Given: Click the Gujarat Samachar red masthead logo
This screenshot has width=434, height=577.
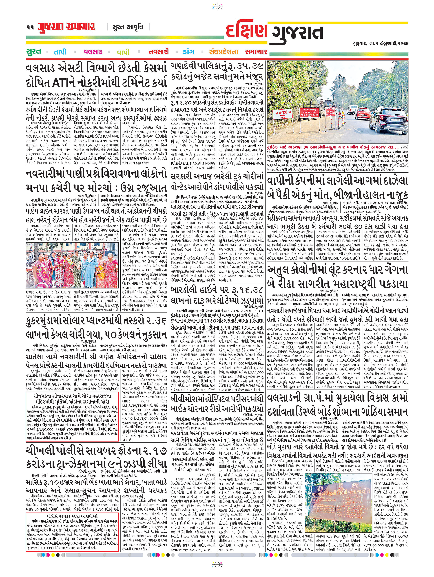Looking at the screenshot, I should pyautogui.click(x=66, y=27).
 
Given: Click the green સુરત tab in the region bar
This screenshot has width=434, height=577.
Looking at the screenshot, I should pyautogui.click(x=34, y=51).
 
